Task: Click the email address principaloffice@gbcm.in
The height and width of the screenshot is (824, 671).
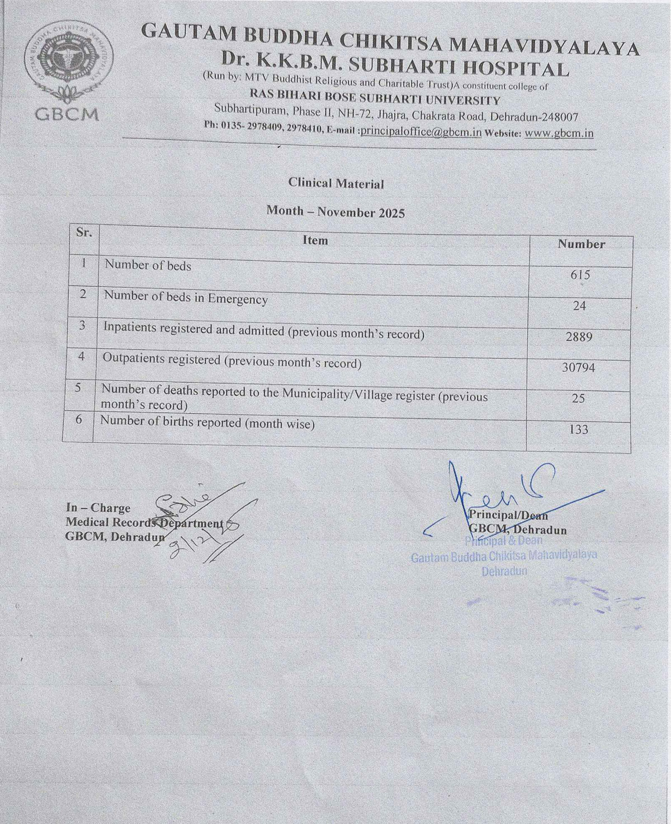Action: tap(421, 133)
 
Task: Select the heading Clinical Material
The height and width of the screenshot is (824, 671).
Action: tap(336, 183)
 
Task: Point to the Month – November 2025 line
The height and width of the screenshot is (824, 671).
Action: tap(335, 213)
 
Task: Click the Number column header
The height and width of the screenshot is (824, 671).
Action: tap(581, 244)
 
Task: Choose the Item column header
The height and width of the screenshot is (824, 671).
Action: tap(315, 240)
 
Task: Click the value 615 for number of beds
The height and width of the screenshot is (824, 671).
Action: tap(580, 275)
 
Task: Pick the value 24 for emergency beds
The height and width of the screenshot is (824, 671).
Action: tap(580, 306)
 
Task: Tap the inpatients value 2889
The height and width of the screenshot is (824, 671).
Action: tap(580, 337)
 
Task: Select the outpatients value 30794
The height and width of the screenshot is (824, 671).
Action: tap(579, 368)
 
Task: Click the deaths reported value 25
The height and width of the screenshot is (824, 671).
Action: tap(579, 398)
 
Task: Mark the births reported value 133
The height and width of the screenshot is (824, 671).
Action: tap(578, 429)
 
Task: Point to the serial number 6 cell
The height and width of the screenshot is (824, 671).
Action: tap(81, 420)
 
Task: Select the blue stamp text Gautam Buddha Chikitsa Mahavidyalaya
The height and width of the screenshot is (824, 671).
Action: tap(497, 557)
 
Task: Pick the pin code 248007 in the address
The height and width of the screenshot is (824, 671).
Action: tap(554, 118)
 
